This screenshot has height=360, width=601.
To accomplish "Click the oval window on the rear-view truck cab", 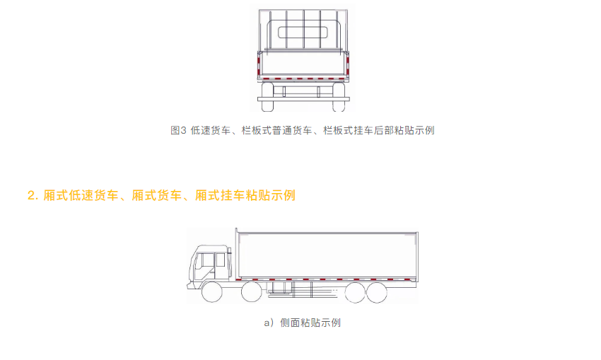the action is coord(303,33).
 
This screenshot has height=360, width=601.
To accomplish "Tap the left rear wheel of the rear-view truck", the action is coord(267,97).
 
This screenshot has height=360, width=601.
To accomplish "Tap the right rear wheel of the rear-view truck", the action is coord(339,97).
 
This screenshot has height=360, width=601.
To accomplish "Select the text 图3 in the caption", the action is coord(178,130).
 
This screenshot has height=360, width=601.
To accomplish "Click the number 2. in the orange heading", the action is coord(33,195).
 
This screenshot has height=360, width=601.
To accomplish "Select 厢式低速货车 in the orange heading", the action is coord(81,195).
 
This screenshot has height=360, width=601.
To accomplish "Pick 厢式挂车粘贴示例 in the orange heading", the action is coord(245,195).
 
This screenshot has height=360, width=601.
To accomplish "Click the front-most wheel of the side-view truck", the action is coord(212,292).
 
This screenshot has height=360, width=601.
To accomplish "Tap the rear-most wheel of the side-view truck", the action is coord(376,293).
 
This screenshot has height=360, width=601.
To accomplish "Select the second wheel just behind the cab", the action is coord(252,292).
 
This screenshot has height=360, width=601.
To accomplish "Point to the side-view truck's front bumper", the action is coord(190,286).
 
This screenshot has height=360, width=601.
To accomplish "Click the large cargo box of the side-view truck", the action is coord(327,255).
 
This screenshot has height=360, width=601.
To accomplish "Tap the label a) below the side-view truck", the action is coord(269,323).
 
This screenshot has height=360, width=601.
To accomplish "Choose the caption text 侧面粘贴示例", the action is coord(310,323).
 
